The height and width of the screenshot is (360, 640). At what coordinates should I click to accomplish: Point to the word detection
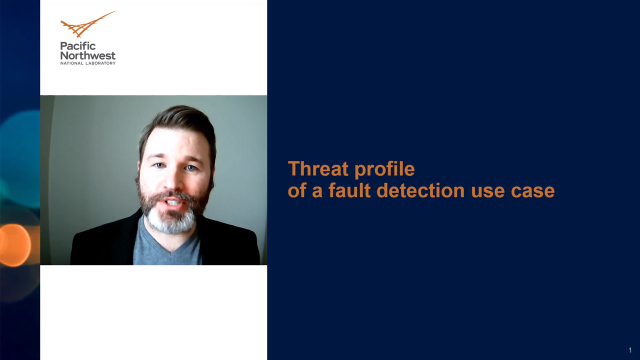coord(421,190)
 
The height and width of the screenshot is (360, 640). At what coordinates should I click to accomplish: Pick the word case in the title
coord(533,192)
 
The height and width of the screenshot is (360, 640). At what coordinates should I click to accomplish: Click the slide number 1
coord(630,350)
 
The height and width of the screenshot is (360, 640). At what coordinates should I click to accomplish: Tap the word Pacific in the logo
coord(78,46)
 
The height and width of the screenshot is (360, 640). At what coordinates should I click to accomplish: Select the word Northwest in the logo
coord(88,55)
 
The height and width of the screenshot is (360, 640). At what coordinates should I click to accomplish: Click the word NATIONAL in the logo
coord(71,63)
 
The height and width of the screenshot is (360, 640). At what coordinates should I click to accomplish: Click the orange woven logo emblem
coord(85,25)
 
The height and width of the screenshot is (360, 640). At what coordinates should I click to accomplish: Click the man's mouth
coord(173,202)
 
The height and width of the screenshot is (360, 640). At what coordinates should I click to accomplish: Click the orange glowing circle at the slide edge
coord(15,245)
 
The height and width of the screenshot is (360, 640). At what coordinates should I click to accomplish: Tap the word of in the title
coord(296,190)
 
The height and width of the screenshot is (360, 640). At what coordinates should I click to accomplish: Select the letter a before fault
coord(317,192)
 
